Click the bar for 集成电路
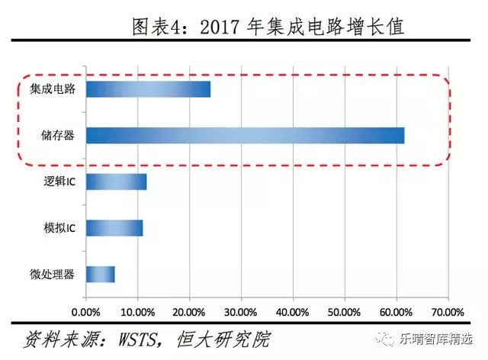tap(148, 89)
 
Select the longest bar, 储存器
tap(245, 136)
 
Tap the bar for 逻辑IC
tap(116, 182)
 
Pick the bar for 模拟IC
tap(114, 227)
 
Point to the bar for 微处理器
tap(100, 274)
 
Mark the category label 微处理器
tap(53, 274)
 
